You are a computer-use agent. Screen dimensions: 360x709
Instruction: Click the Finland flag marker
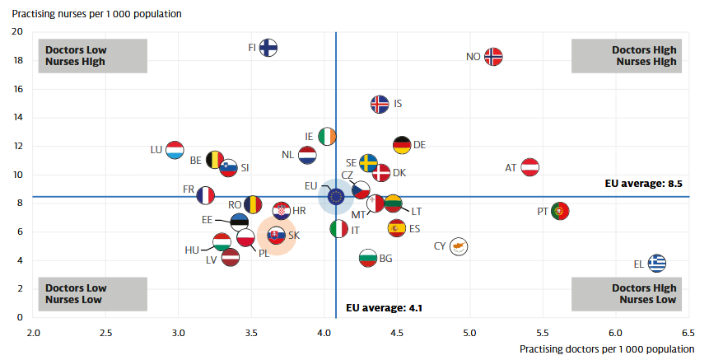click(x=268, y=48)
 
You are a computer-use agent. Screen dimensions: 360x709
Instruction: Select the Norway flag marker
click(x=493, y=57)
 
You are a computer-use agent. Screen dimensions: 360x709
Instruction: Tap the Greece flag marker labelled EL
click(x=656, y=264)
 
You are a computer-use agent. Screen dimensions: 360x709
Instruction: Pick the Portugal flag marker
click(x=560, y=211)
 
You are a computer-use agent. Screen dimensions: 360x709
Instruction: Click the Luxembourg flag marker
click(x=174, y=150)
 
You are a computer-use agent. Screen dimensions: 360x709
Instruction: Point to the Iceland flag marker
click(x=380, y=105)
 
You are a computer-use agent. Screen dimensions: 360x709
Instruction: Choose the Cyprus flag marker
click(x=459, y=246)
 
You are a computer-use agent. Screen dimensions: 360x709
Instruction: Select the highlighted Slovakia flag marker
click(x=277, y=236)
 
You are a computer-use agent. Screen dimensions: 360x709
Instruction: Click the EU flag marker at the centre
click(x=336, y=196)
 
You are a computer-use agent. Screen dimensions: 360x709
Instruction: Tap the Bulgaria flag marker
click(x=368, y=259)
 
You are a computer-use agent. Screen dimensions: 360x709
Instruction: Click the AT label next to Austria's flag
click(x=511, y=168)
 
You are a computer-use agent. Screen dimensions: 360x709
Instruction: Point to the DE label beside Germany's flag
click(x=419, y=145)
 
